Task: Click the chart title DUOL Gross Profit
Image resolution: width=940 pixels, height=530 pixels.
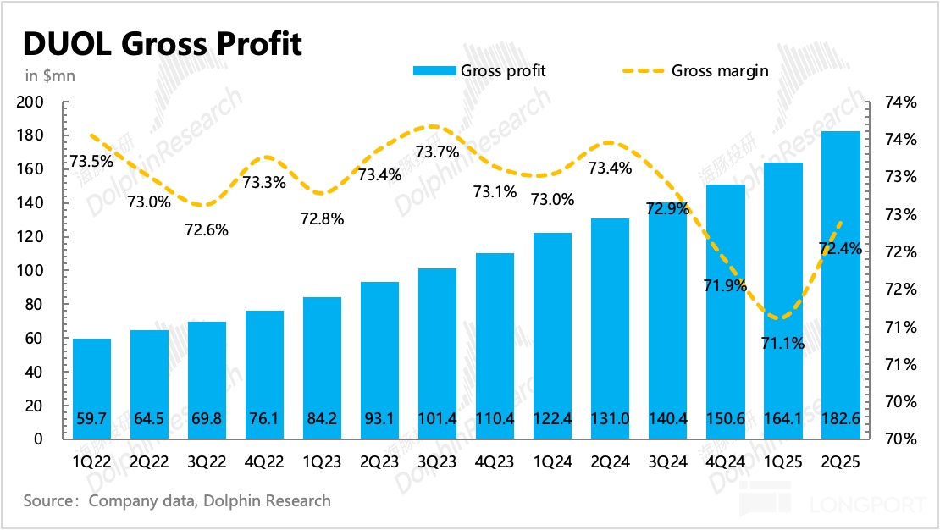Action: point(161,43)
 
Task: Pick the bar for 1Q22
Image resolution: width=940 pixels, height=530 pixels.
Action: point(91,389)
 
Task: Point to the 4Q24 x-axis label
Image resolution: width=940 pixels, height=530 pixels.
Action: point(726,461)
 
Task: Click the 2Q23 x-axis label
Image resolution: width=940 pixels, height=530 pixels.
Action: point(379,461)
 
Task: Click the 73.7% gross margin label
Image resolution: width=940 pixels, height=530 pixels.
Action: point(437,152)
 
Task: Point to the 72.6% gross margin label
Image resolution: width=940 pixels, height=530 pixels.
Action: point(206,229)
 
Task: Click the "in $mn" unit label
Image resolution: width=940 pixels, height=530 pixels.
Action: point(50,75)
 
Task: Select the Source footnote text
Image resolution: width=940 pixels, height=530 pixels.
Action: point(177,500)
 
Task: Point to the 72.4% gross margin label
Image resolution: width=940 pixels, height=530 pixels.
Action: point(841,248)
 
